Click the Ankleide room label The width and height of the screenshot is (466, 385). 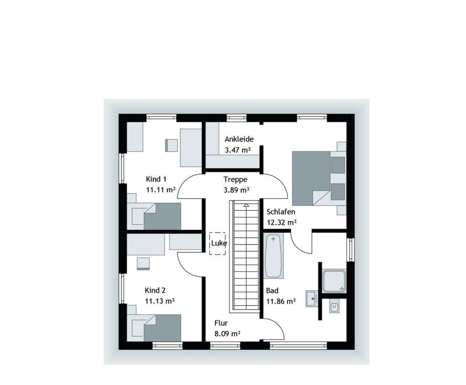239,139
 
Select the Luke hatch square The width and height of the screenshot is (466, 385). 218,244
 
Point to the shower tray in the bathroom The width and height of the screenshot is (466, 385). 334,281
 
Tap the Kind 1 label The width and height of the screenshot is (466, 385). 156,179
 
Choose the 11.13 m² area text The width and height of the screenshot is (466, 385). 160,300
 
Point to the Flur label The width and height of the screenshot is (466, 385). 221,323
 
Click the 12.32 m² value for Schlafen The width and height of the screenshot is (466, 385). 282,222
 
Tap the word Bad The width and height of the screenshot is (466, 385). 272,290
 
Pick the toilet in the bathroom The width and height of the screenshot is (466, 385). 334,307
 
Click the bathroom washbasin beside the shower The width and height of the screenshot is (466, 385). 312,299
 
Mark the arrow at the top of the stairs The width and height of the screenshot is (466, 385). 246,205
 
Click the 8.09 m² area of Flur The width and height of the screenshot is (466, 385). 227,334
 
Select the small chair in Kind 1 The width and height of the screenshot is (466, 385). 171,145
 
